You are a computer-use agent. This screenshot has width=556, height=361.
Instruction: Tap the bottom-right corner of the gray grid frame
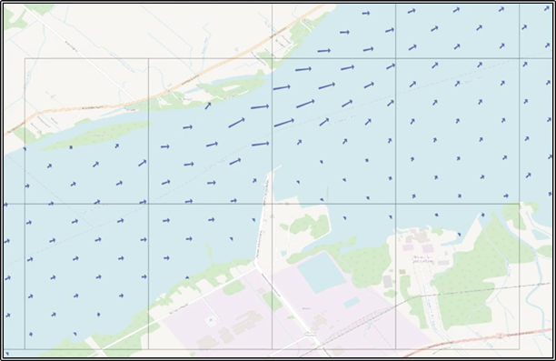point(519,349)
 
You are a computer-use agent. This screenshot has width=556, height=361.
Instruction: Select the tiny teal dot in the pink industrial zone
point(212,321)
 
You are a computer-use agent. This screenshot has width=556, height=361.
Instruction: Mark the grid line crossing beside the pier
point(273,203)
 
